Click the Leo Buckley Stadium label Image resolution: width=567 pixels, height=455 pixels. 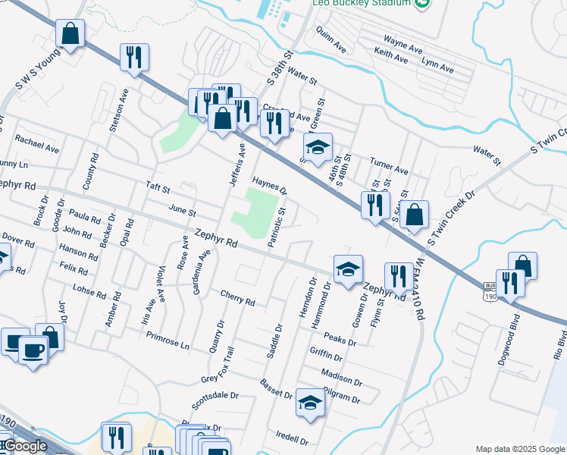[362, 4]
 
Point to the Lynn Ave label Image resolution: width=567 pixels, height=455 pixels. [437, 64]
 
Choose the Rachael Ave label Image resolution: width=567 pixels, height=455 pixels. [36, 144]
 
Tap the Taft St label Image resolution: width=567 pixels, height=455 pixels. [158, 187]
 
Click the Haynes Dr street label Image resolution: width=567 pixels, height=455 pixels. [271, 184]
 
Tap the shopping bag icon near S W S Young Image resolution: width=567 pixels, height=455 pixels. [70, 34]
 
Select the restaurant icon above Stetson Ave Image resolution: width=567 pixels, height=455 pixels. [134, 57]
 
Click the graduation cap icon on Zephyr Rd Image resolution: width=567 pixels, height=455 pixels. [348, 268]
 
